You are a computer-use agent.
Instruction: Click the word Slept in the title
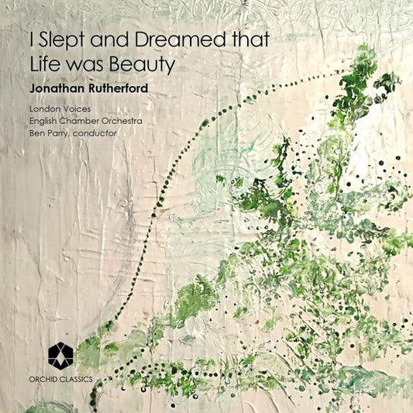coord(66,40)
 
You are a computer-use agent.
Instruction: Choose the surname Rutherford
coord(126,89)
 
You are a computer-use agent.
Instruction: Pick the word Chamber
coord(88,121)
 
